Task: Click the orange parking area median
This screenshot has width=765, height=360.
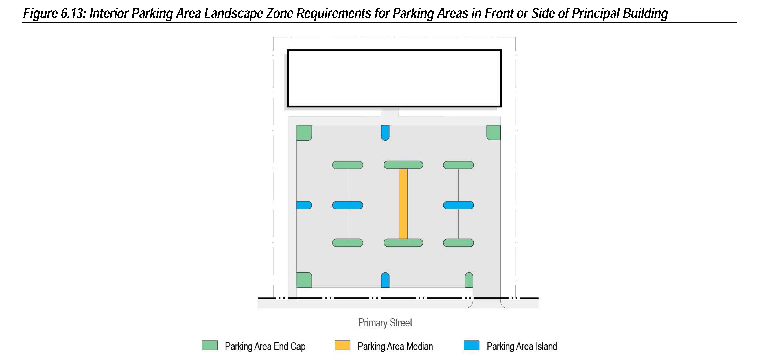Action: point(403,204)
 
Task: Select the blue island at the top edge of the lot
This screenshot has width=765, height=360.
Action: point(385,133)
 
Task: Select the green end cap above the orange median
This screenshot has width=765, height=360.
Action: point(403,165)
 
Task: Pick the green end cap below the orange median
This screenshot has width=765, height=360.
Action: point(403,243)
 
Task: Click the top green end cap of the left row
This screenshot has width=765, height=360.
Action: point(347,165)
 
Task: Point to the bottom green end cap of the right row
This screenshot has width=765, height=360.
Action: point(458,243)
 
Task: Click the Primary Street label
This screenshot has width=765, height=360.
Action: point(385,323)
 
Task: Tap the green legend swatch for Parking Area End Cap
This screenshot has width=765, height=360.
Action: point(210,346)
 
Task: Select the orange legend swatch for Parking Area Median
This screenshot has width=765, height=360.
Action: point(342,346)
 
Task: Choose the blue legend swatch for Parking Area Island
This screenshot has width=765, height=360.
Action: point(471,346)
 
